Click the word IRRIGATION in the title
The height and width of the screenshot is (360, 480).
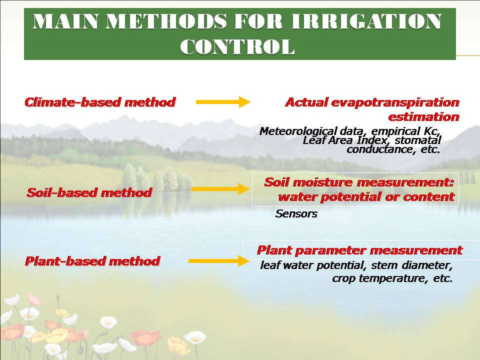point(366,21)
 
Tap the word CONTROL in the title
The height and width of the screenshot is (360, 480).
point(237,47)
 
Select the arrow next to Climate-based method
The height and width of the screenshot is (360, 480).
point(223,102)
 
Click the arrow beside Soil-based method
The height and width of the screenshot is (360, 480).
point(220,189)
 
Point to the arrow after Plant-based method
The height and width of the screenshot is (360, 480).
point(219,261)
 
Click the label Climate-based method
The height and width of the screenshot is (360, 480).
point(100,102)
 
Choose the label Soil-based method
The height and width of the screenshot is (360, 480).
point(89,192)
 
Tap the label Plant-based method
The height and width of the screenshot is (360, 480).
point(92,261)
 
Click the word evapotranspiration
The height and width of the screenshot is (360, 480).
point(395,102)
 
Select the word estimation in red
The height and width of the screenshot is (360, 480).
point(423,117)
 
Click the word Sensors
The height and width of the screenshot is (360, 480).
point(296,213)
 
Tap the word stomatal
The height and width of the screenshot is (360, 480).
point(418,140)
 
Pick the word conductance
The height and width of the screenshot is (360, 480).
point(379,149)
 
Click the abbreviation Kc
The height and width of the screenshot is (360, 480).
point(432,131)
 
